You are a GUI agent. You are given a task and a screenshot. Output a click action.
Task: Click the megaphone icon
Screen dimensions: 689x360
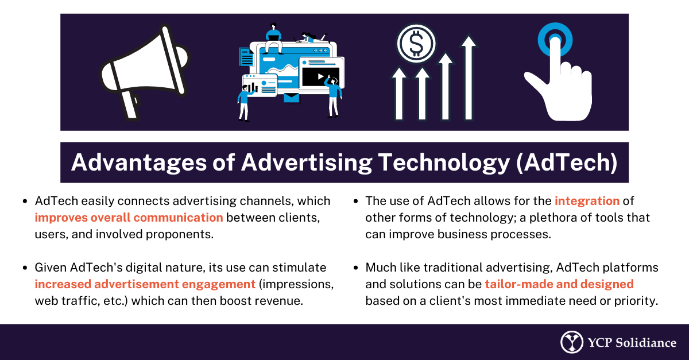pyautogui.click(x=144, y=72)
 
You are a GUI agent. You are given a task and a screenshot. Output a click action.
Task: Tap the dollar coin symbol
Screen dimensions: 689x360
pyautogui.click(x=416, y=44)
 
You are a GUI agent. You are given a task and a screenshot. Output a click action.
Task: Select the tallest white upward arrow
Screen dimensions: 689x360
pyautogui.click(x=469, y=78)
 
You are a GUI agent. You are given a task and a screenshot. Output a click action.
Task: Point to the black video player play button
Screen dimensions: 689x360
pyautogui.click(x=321, y=76)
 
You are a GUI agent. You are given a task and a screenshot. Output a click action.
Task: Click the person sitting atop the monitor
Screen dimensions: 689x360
pyautogui.click(x=273, y=38)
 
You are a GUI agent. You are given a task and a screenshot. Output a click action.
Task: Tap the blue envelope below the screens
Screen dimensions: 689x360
pyautogui.click(x=291, y=98)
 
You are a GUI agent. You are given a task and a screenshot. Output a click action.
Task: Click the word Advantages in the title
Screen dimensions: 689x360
pyautogui.click(x=139, y=162)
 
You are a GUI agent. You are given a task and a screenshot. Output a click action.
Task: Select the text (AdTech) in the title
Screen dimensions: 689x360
pyautogui.click(x=567, y=162)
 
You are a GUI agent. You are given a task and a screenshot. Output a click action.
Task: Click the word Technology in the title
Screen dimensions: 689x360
pyautogui.click(x=444, y=162)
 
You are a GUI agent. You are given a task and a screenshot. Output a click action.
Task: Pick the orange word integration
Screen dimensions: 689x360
pyautogui.click(x=587, y=201)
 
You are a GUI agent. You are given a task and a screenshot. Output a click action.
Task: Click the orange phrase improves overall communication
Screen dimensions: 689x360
pyautogui.click(x=129, y=218)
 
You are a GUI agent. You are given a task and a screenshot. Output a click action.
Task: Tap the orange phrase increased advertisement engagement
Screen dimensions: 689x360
pyautogui.click(x=145, y=284)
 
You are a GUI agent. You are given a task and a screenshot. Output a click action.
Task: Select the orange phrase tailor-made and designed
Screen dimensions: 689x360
pyautogui.click(x=559, y=284)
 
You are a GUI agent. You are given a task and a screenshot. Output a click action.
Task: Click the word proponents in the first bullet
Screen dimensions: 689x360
pyautogui.click(x=179, y=234)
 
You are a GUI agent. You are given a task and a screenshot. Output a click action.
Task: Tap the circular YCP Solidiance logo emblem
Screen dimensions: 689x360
pyautogui.click(x=571, y=342)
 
